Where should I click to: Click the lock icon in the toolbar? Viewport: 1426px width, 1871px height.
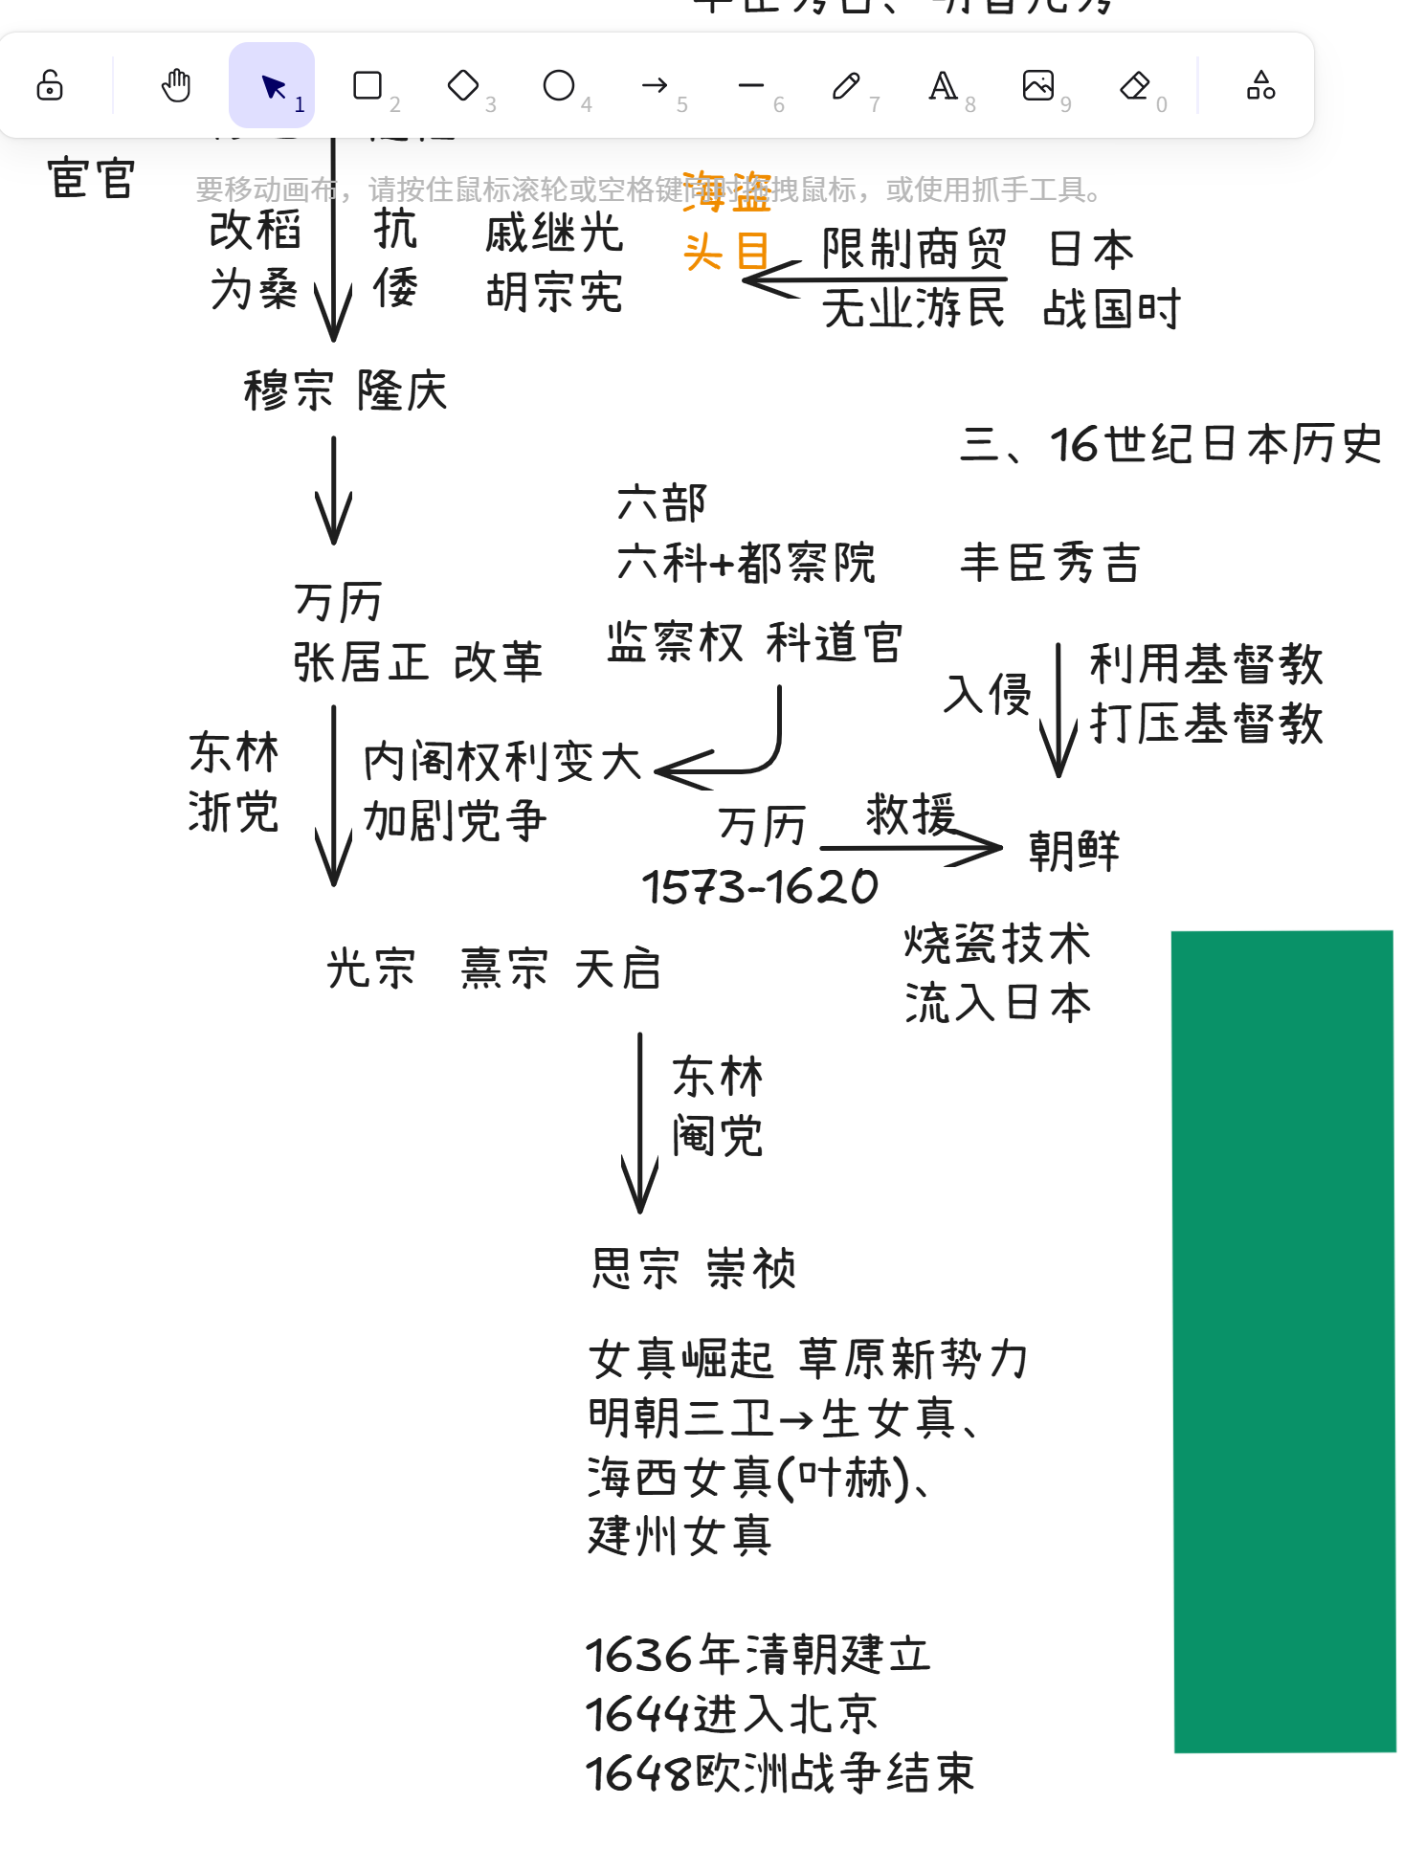50,86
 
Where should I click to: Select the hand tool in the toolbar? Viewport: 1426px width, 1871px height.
176,86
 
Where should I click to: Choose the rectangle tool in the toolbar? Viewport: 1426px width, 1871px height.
368,86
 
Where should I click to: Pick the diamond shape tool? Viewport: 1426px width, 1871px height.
463,86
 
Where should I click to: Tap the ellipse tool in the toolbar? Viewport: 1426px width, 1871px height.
559,86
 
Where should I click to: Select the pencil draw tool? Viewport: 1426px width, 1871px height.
846,86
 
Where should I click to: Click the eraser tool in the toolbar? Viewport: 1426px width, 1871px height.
1135,86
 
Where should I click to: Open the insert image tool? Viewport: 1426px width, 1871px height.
1038,86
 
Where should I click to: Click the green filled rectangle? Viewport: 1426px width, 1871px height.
1283,1340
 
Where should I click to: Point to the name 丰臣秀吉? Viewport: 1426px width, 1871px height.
1050,562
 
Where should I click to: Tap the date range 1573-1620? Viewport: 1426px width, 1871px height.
760,887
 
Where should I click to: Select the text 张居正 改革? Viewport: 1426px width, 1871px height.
417,662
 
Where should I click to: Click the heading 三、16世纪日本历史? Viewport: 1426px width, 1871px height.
1171,445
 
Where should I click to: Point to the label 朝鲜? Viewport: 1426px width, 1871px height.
1074,851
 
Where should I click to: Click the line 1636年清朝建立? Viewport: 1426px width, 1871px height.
758,1655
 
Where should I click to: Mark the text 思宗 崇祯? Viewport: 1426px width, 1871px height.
694,1269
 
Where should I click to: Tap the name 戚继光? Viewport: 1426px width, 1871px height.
554,234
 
